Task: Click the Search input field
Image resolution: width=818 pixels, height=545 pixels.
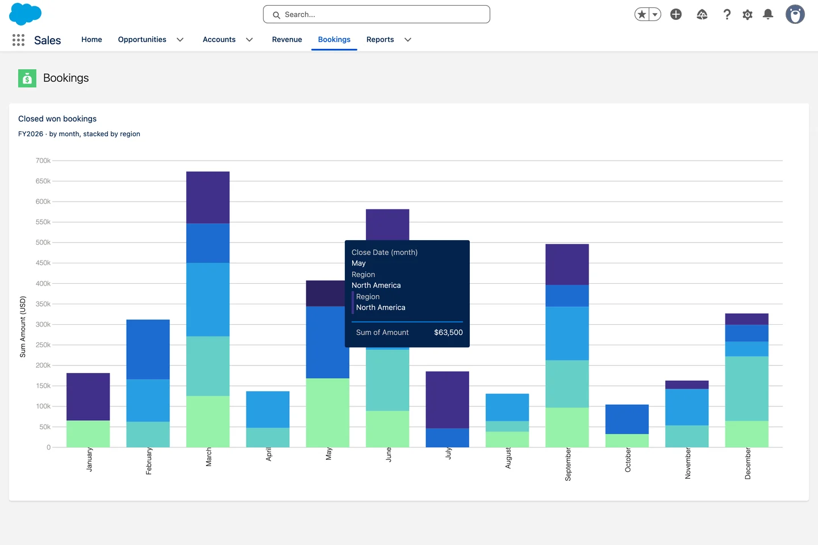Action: [x=376, y=14]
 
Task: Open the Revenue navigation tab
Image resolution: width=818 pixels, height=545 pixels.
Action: [x=287, y=39]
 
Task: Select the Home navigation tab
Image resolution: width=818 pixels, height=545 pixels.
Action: [x=91, y=39]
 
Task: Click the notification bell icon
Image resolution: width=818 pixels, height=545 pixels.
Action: [x=768, y=14]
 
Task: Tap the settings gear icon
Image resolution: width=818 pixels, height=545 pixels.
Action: [x=747, y=15]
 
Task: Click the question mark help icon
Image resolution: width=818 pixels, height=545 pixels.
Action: [x=727, y=15]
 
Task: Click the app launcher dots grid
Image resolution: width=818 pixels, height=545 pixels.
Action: [x=18, y=40]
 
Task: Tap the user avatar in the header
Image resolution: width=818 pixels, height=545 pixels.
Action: [x=795, y=15]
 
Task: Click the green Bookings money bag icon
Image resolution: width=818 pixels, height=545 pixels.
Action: [x=27, y=78]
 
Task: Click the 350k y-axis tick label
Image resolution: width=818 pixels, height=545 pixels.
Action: [x=43, y=304]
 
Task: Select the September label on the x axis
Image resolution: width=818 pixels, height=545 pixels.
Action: [x=567, y=464]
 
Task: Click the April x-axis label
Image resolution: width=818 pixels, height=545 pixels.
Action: [x=268, y=455]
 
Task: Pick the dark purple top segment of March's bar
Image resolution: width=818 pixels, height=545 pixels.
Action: [x=208, y=198]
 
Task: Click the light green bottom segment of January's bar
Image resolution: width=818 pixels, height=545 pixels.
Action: [x=88, y=434]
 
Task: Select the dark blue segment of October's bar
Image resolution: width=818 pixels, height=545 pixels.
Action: [x=627, y=419]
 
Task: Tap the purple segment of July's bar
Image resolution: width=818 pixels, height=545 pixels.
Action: [x=448, y=400]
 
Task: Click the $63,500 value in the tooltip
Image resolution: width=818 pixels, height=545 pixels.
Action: [x=448, y=332]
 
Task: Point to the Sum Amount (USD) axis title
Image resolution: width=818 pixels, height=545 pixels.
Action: [x=23, y=326]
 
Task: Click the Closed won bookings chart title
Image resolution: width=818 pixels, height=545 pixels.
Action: [x=57, y=119]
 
